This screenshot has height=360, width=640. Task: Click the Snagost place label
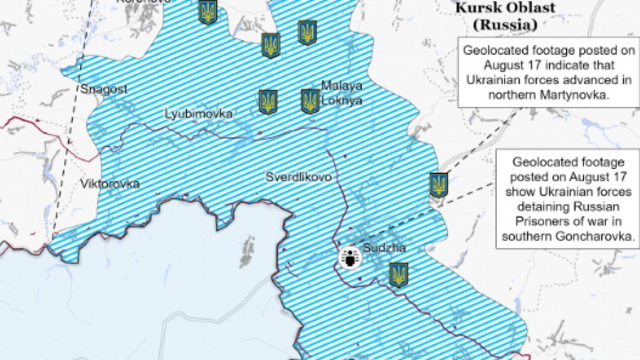[104, 89]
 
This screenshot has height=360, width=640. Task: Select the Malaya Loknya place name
[341, 93]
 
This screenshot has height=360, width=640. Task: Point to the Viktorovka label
[110, 184]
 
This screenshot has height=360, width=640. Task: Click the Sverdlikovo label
[299, 177]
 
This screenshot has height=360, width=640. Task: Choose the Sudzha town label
[384, 248]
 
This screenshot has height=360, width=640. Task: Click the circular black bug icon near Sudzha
[351, 259]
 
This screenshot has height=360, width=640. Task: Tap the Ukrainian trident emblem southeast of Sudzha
[398, 275]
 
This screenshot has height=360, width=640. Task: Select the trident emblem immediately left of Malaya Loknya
[310, 101]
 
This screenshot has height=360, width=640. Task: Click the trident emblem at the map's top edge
[207, 12]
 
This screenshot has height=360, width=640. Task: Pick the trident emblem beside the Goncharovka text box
[439, 185]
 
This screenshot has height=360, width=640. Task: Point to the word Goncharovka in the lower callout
[599, 235]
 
